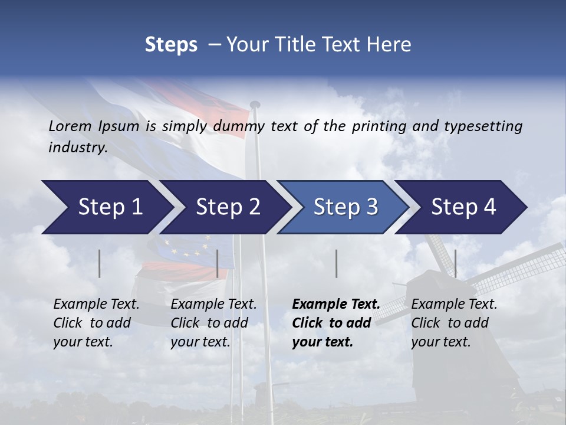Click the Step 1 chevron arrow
(x=106, y=207)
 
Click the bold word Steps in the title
(x=171, y=44)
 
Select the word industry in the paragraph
(x=77, y=148)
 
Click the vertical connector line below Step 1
(x=100, y=263)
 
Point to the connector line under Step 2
(x=218, y=263)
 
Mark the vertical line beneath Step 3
(x=336, y=263)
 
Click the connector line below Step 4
(x=455, y=263)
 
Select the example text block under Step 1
(x=96, y=323)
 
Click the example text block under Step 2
(x=213, y=323)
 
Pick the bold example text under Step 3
(x=335, y=323)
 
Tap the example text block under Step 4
(x=454, y=323)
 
